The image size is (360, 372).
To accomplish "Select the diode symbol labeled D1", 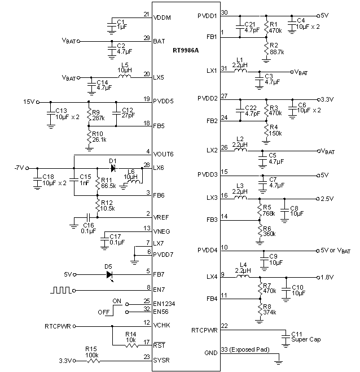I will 113,168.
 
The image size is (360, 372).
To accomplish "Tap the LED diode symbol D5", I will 108,275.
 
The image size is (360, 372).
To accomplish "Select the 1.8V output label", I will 328,277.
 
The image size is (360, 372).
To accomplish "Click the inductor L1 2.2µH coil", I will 240,71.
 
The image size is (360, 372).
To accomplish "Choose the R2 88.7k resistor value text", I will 278,51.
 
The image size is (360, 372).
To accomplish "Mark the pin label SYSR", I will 162,360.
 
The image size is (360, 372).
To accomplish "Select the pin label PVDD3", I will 208,174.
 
